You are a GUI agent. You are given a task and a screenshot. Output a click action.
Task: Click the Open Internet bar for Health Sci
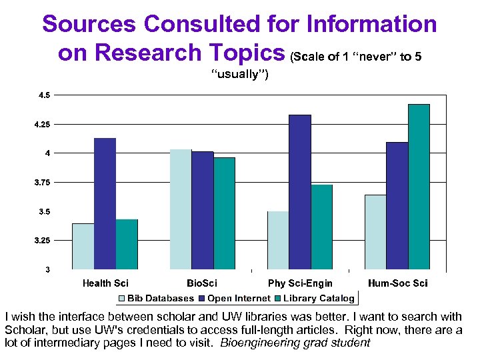105,203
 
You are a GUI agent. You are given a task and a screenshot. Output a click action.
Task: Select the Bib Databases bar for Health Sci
83,246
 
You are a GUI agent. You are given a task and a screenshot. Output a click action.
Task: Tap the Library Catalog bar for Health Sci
127,244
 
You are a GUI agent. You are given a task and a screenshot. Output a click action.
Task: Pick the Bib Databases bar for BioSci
181,209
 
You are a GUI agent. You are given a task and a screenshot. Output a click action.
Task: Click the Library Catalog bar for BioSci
225,213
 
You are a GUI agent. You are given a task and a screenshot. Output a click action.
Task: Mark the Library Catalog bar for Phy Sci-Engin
322,227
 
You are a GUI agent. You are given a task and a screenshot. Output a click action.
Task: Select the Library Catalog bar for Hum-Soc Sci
419,187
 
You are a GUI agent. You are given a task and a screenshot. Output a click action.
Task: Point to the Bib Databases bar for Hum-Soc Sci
375,232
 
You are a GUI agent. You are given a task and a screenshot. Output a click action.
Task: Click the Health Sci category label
105,283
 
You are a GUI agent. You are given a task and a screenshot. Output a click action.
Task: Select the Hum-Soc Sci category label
397,283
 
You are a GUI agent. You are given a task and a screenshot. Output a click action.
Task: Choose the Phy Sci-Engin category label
300,283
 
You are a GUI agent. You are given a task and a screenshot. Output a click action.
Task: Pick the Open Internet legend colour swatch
202,299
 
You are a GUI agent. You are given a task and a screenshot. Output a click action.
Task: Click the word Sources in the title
89,25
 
